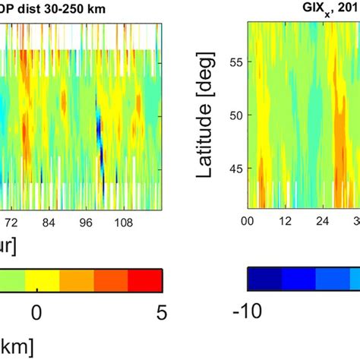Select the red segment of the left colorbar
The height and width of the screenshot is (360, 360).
pyautogui.click(x=145, y=279)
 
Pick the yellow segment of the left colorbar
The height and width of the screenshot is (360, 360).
pyautogui.click(x=43, y=279)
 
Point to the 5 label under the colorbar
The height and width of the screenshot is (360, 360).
pyautogui.click(x=160, y=311)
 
